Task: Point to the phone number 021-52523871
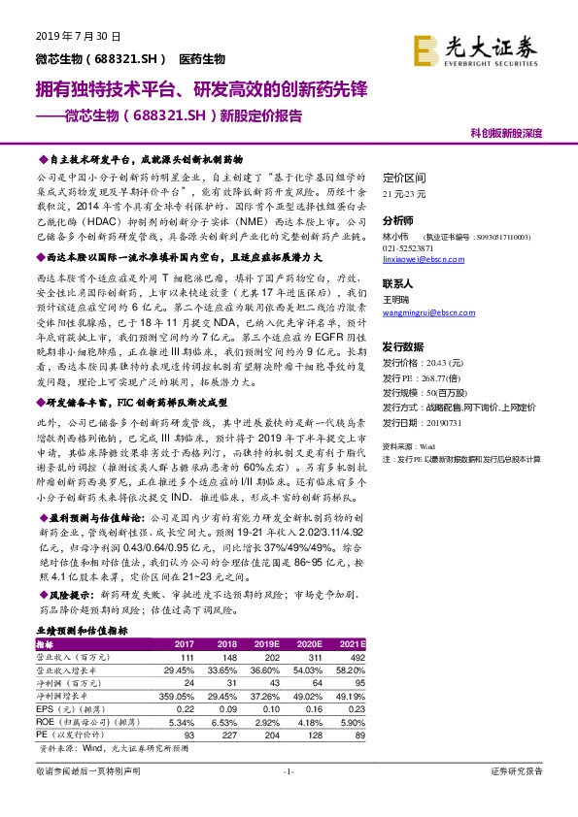[409, 246]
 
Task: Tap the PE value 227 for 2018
[226, 734]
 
